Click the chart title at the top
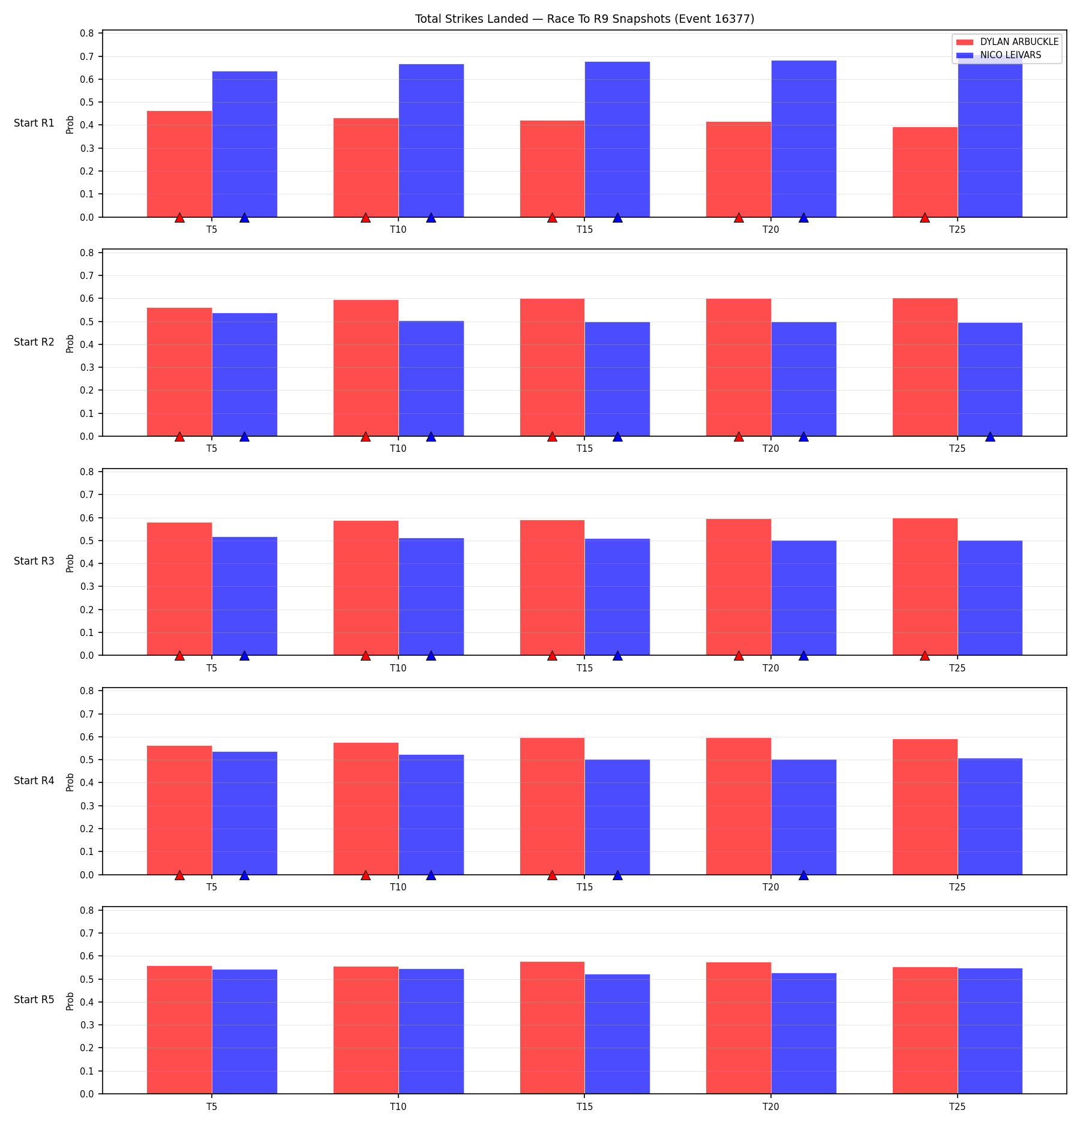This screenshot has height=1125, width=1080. (x=584, y=19)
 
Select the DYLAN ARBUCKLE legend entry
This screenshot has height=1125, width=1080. (x=1007, y=42)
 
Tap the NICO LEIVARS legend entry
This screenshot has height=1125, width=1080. (x=999, y=55)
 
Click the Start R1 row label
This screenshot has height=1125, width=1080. (x=34, y=123)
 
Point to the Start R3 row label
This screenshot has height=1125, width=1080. (x=34, y=561)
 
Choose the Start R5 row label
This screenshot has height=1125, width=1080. (x=34, y=1000)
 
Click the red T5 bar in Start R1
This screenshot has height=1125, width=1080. (x=179, y=164)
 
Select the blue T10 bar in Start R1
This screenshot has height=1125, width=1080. (x=431, y=140)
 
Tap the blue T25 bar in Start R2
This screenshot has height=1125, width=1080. (x=990, y=379)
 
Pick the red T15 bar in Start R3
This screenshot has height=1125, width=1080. (x=552, y=587)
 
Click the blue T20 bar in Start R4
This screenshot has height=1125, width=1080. (x=803, y=817)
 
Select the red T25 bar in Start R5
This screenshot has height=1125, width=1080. (x=925, y=1030)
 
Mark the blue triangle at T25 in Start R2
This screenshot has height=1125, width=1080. (x=990, y=436)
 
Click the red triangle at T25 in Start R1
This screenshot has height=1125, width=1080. (x=925, y=217)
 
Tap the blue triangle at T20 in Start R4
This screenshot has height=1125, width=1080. (x=803, y=875)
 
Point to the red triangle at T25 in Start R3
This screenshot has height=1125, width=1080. (x=925, y=655)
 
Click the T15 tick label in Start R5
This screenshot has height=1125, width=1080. (x=584, y=1106)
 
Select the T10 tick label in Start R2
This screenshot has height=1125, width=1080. (x=398, y=449)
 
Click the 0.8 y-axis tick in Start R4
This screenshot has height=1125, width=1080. (x=88, y=691)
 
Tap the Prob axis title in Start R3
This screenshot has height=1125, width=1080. (x=70, y=563)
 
